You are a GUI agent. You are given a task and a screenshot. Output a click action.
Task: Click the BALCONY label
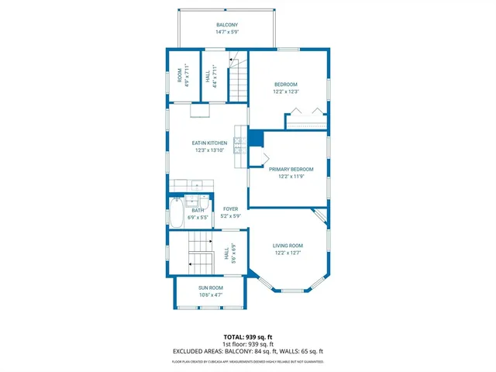tap(227, 26)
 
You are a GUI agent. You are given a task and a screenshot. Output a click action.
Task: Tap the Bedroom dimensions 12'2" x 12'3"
tap(285, 92)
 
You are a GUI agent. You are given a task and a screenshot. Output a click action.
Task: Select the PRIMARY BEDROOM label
tap(291, 169)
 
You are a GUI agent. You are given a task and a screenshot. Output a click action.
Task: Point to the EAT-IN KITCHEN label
tap(209, 143)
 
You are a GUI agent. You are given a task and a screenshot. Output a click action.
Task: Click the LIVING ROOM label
tap(288, 246)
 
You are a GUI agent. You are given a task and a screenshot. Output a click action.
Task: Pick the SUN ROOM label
tap(210, 288)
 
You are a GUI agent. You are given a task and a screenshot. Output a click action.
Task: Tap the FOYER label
tap(230, 208)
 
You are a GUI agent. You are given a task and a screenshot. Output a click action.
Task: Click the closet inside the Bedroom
tap(307, 120)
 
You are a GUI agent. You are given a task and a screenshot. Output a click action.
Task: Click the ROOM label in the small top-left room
tap(180, 74)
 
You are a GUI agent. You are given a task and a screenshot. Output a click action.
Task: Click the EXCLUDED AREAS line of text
tap(247, 351)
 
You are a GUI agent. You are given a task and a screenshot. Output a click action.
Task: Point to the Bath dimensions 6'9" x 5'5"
tap(198, 218)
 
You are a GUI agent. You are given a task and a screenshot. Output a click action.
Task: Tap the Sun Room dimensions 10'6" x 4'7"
tap(210, 294)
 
